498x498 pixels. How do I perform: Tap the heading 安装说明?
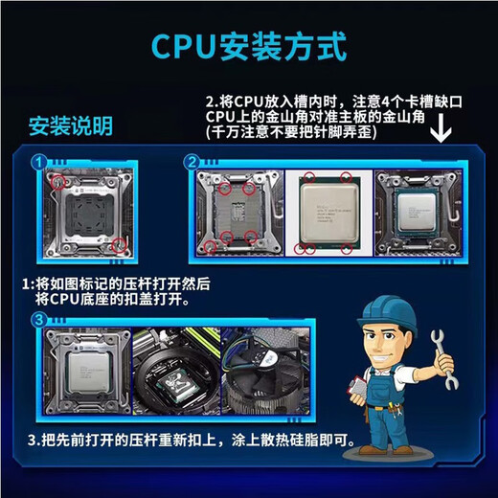coord(70,126)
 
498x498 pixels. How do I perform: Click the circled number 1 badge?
coord(37,163)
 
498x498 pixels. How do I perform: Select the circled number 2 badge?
coord(192,162)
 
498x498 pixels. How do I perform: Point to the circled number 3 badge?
coord(37,320)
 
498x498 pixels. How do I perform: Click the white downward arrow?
coord(441,127)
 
